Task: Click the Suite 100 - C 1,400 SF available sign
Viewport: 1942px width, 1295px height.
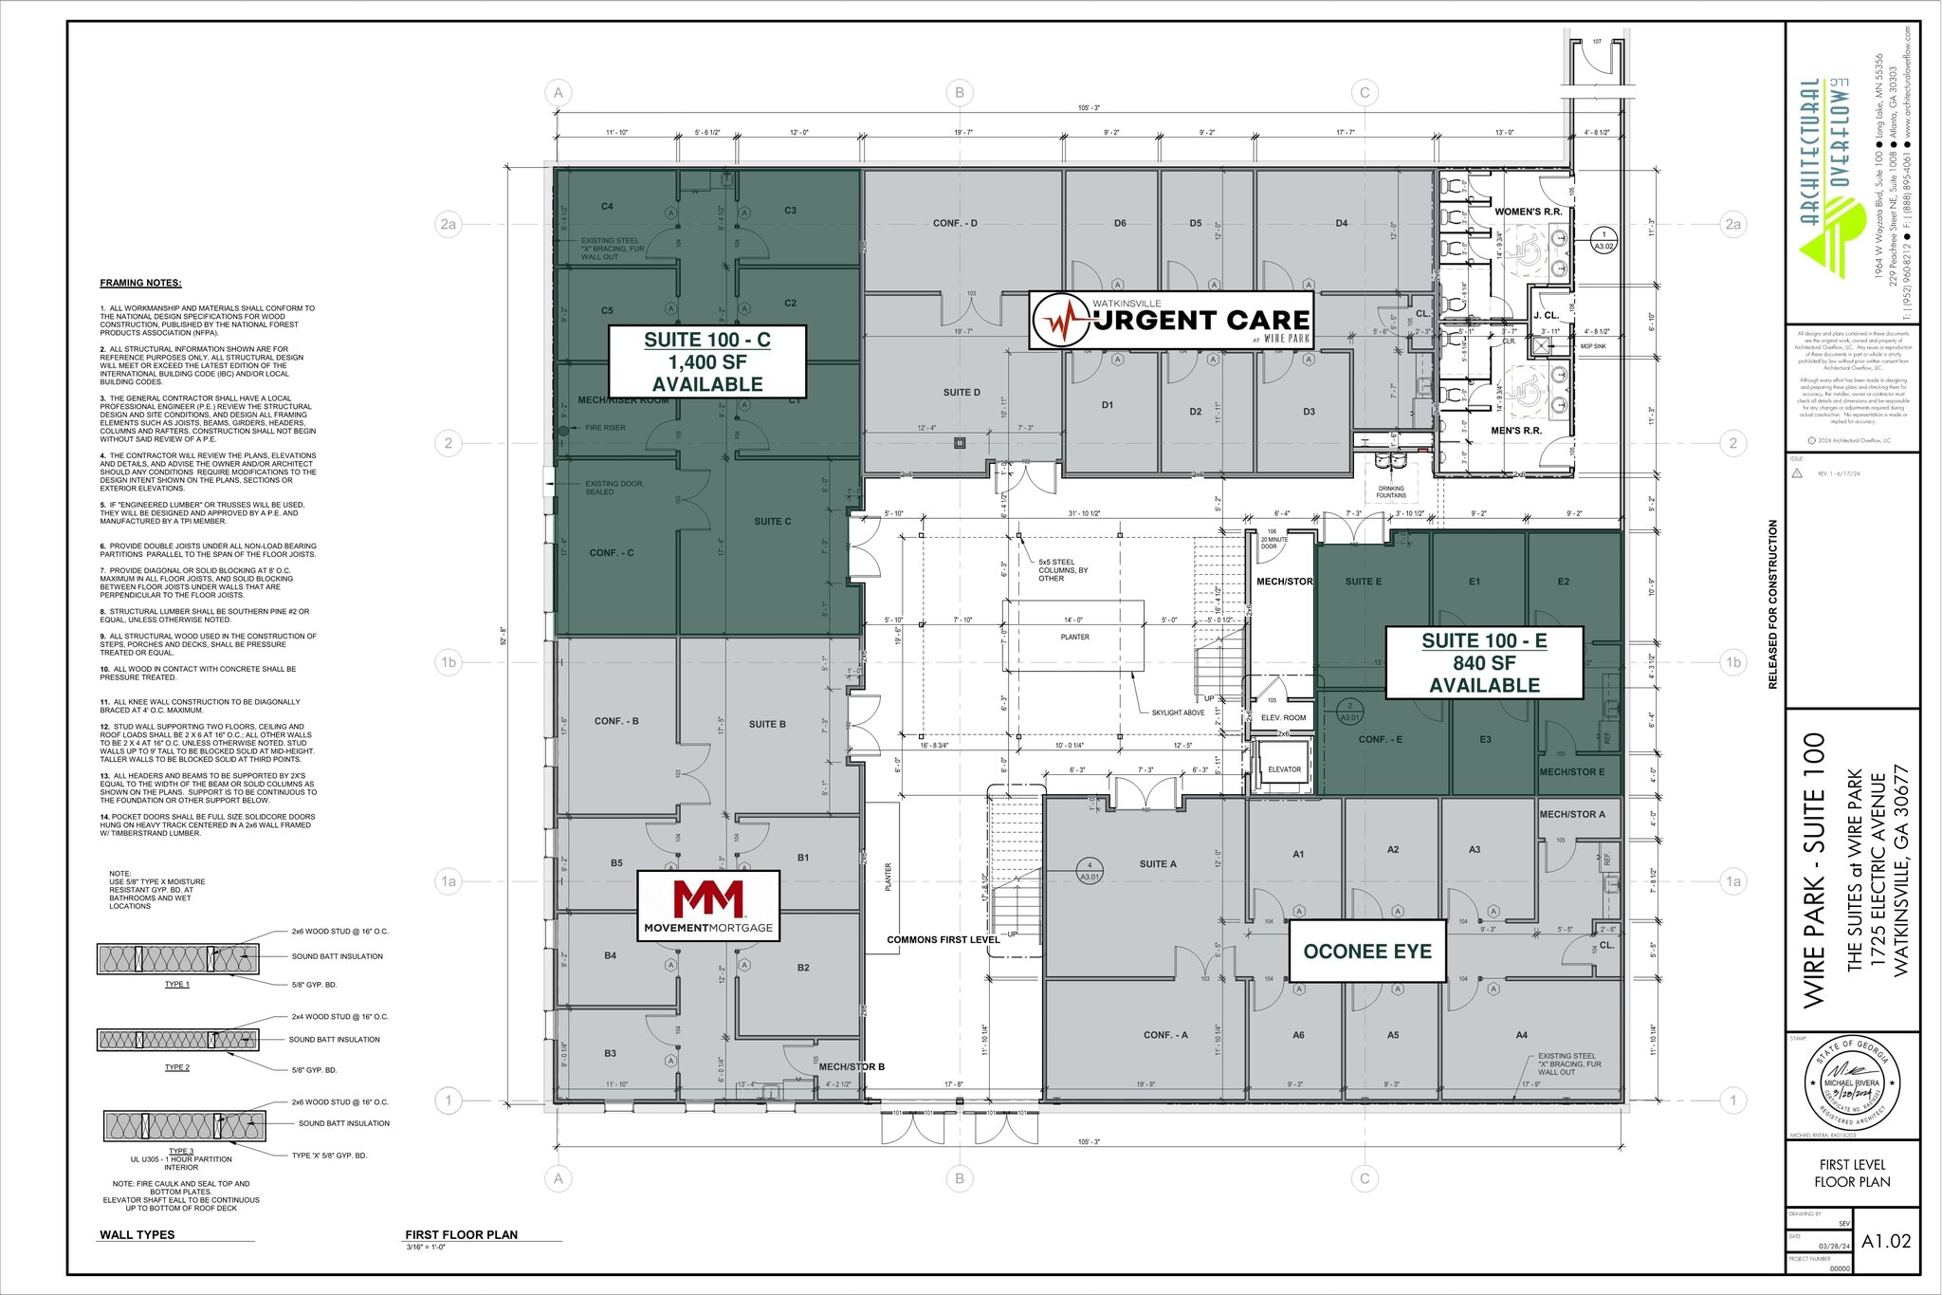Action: coord(706,361)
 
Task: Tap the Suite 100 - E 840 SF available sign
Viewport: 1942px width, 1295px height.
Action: coord(1484,662)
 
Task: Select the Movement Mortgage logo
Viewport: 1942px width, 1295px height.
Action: coord(707,905)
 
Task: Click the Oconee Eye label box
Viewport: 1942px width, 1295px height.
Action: coord(1366,951)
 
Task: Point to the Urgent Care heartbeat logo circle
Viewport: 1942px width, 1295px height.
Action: coord(1063,321)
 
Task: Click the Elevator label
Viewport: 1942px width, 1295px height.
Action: coord(1284,769)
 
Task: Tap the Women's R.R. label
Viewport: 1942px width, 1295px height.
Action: coord(1528,212)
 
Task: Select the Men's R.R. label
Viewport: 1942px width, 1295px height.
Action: coord(1515,431)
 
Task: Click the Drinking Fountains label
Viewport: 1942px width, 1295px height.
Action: coord(1391,491)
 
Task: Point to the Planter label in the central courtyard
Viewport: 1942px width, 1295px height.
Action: coord(1074,637)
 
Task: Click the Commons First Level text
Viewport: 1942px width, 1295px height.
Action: coord(943,939)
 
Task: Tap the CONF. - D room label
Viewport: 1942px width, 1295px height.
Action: coord(955,224)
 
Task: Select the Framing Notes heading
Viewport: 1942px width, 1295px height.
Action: coord(140,283)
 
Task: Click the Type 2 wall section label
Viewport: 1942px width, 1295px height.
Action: coord(176,1067)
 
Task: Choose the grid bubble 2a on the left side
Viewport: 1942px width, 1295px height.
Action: coord(449,224)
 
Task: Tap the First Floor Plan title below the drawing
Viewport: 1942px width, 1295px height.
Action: coord(461,1234)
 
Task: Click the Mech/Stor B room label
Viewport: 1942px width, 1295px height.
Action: coord(851,1066)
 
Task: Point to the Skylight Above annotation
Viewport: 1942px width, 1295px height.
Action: coord(1178,712)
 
